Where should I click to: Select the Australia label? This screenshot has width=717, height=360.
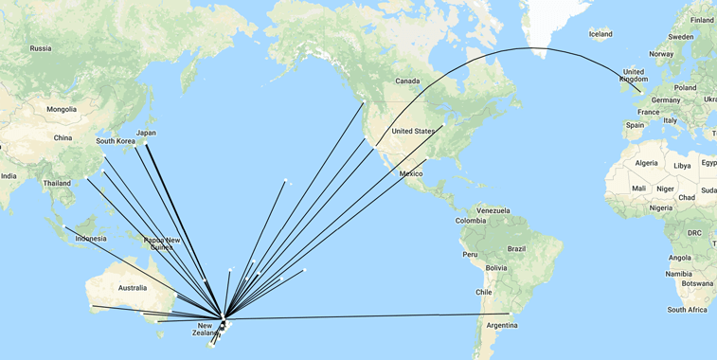pyautogui.click(x=132, y=287)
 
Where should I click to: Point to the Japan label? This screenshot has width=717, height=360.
pyautogui.click(x=146, y=133)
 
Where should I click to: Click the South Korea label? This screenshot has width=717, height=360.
pyautogui.click(x=113, y=142)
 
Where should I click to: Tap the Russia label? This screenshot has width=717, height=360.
pyautogui.click(x=41, y=48)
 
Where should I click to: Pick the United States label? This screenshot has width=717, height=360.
pyautogui.click(x=413, y=131)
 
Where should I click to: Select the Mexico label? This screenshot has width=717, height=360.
pyautogui.click(x=411, y=174)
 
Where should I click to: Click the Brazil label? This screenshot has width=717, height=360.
pyautogui.click(x=516, y=248)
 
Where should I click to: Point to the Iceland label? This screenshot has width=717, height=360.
pyautogui.click(x=600, y=34)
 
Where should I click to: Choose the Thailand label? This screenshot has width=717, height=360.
pyautogui.click(x=56, y=183)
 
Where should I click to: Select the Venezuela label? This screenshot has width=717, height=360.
pyautogui.click(x=493, y=209)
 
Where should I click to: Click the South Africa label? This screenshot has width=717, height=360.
pyautogui.click(x=688, y=309)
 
